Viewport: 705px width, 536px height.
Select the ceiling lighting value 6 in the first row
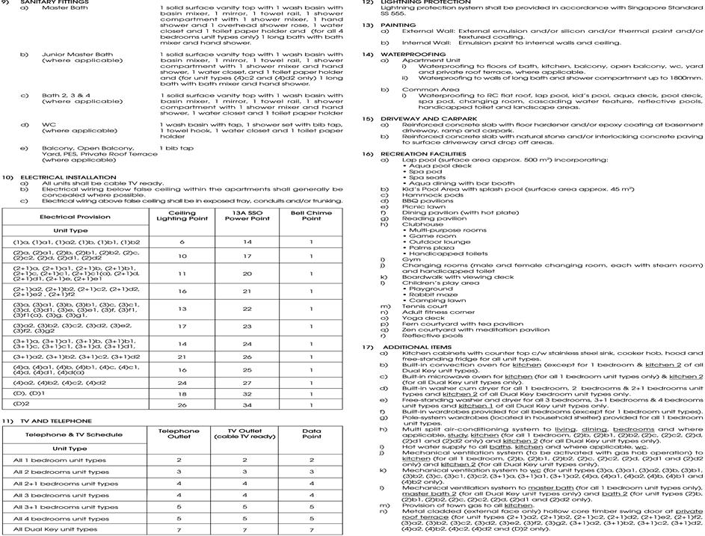[182, 242]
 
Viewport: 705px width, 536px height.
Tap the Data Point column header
[311, 434]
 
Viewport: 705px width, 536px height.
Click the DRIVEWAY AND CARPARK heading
[429, 118]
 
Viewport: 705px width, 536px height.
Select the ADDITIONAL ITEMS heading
[419, 347]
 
